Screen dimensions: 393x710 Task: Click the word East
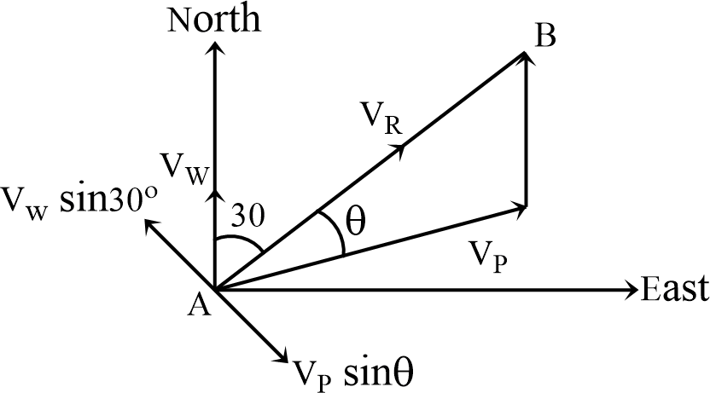[674, 290]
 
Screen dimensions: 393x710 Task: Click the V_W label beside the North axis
[183, 165]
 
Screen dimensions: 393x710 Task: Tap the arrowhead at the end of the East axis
[631, 290]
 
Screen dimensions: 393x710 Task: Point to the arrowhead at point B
[523, 58]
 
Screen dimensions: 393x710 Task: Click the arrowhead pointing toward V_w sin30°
[152, 225]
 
